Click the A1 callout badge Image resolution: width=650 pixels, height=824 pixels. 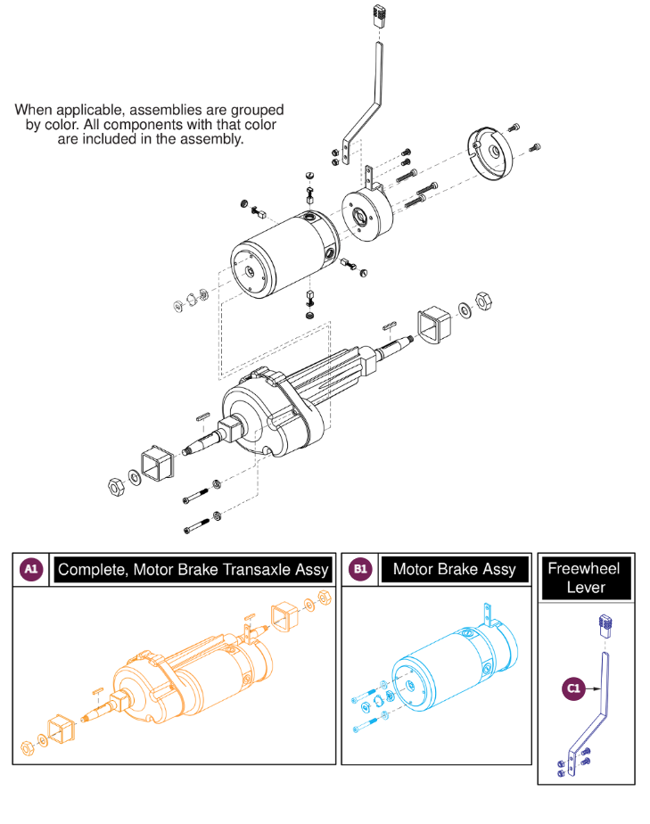(x=30, y=569)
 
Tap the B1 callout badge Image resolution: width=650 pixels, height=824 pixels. (x=360, y=569)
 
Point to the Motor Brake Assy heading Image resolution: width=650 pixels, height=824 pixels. (x=454, y=569)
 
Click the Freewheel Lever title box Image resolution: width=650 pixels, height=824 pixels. (x=586, y=577)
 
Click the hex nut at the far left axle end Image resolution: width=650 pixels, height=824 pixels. (x=115, y=486)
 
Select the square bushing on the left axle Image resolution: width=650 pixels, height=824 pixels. (x=154, y=465)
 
